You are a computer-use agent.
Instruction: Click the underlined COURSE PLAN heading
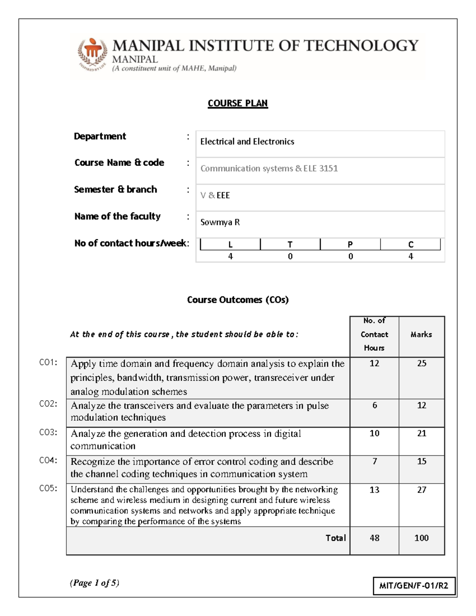pos(238,103)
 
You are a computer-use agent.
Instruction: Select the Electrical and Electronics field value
pos(247,142)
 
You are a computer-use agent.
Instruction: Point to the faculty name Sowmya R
pos(220,222)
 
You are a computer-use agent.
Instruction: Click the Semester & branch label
pos(115,190)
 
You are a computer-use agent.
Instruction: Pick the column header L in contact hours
pos(230,245)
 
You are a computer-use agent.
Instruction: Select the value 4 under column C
pos(411,257)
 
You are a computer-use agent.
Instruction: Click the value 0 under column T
pos(290,257)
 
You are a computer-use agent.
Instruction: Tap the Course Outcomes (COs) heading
pos(238,300)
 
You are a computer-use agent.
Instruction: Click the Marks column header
pos(421,334)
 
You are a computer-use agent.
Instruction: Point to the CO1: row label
pos(48,363)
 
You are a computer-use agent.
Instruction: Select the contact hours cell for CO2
pos(374,405)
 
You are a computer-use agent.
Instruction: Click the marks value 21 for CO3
pos(421,434)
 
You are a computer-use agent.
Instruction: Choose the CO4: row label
pos(48,461)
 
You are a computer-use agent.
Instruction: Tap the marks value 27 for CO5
pos(421,490)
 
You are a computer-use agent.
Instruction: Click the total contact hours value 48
pos(374,538)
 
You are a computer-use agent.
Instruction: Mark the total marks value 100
pos(421,538)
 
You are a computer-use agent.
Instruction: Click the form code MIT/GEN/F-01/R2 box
pos(414,586)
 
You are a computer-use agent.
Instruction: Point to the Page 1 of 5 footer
pos(94,583)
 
